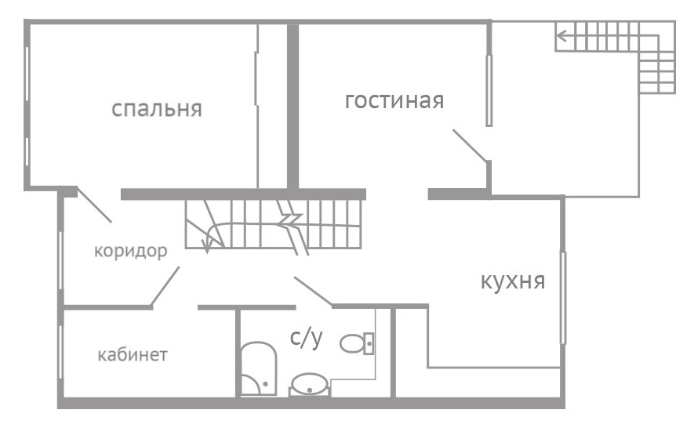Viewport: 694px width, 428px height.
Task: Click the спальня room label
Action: click(x=157, y=109)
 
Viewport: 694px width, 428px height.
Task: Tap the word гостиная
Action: click(x=394, y=100)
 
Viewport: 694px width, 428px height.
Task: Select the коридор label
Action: click(x=131, y=251)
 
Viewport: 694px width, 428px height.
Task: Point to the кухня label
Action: click(x=513, y=281)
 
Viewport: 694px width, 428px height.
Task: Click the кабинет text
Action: click(x=133, y=354)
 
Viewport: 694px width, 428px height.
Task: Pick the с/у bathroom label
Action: click(x=307, y=337)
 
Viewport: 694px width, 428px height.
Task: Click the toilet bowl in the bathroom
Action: click(x=352, y=343)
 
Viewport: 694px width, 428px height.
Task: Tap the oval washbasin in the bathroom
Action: click(x=310, y=384)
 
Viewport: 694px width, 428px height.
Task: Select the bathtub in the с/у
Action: click(x=259, y=368)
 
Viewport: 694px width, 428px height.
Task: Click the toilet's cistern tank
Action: click(x=369, y=343)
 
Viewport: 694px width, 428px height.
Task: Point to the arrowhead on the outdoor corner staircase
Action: click(x=561, y=35)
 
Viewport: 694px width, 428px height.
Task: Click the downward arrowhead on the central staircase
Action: click(x=207, y=245)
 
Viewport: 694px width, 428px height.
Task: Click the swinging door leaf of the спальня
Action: click(x=94, y=205)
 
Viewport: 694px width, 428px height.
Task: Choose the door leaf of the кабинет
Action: click(x=165, y=286)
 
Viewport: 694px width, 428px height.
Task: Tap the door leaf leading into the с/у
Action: click(x=314, y=292)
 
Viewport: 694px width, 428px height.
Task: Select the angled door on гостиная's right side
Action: click(x=470, y=146)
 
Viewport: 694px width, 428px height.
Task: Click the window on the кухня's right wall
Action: click(x=563, y=297)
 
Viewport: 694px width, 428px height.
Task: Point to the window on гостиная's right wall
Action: click(x=489, y=90)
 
